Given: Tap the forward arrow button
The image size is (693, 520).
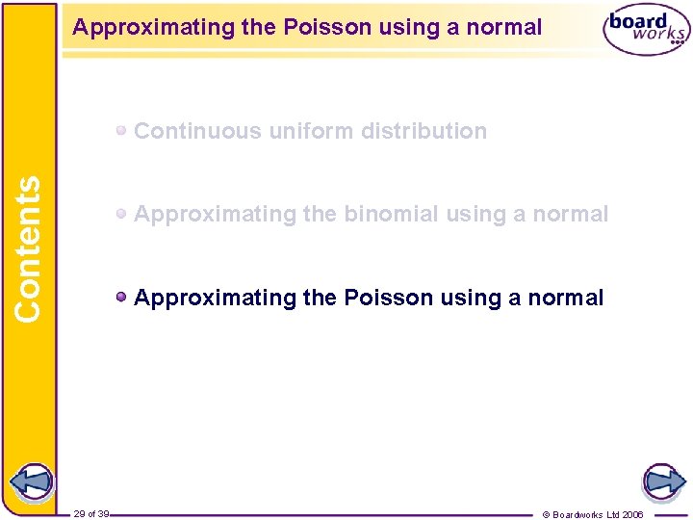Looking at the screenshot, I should (662, 482).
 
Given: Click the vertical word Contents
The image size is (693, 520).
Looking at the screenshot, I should (28, 248).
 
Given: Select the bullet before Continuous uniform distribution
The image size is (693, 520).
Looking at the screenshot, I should (122, 131).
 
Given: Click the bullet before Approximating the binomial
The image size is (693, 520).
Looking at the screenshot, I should (122, 215).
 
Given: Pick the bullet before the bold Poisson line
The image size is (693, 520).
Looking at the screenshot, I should (122, 298).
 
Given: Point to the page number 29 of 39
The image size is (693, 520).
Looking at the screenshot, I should (90, 514).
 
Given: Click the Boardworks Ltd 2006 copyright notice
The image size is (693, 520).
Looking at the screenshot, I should (593, 514).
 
